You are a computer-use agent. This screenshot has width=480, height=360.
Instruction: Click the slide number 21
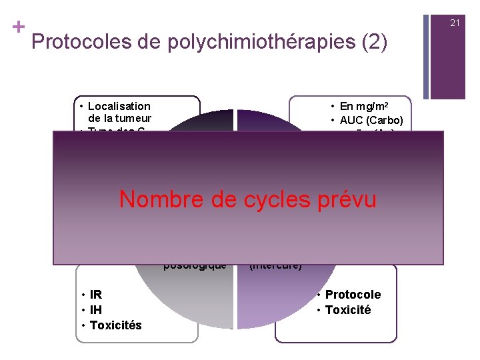click(455, 23)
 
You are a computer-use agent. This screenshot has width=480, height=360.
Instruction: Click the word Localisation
click(119, 106)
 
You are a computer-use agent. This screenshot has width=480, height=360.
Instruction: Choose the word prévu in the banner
click(347, 199)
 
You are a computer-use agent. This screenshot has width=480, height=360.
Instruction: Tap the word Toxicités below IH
click(115, 325)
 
